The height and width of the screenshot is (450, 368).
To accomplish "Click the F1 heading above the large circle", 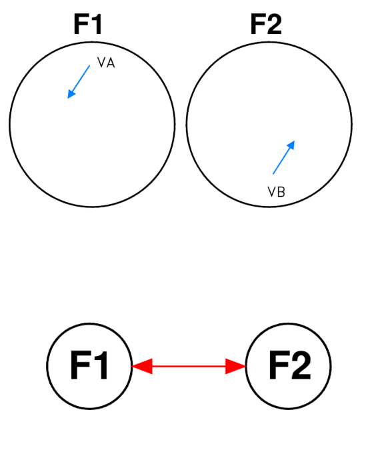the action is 88,24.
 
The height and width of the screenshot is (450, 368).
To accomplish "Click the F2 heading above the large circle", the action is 266,24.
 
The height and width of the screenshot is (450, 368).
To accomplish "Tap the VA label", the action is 106,63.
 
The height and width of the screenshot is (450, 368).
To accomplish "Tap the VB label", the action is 276,192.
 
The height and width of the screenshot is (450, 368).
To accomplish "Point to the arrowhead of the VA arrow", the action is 71,94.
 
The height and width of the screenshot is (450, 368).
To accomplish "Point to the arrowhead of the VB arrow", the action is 291,145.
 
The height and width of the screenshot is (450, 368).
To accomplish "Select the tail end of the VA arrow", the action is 89,66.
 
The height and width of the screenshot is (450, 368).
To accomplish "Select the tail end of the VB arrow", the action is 273,173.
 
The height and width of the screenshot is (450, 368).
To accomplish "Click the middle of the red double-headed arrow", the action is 189,366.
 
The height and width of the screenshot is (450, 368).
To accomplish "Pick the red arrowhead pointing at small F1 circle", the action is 142,366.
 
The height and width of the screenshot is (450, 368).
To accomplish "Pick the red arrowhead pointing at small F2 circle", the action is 236,366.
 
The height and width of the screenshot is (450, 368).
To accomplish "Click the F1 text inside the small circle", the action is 89,365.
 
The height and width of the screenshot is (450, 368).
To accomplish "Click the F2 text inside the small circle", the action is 290,365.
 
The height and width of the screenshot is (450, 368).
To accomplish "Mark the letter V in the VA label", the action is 101,63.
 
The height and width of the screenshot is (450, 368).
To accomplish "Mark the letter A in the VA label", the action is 111,63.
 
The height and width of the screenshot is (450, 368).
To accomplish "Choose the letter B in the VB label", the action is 281,192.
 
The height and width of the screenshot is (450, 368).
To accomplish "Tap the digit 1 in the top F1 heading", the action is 97,24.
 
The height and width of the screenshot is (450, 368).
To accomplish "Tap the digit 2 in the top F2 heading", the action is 274,24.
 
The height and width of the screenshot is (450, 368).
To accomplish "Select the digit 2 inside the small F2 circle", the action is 301,365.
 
